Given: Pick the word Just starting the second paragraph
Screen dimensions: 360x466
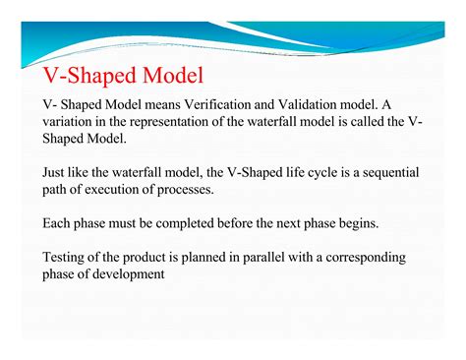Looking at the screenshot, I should point(56,173).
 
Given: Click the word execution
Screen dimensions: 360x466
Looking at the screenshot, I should point(105,190).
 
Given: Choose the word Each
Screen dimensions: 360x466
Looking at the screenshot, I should point(57,224).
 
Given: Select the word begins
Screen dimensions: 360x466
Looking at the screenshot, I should point(368,224).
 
